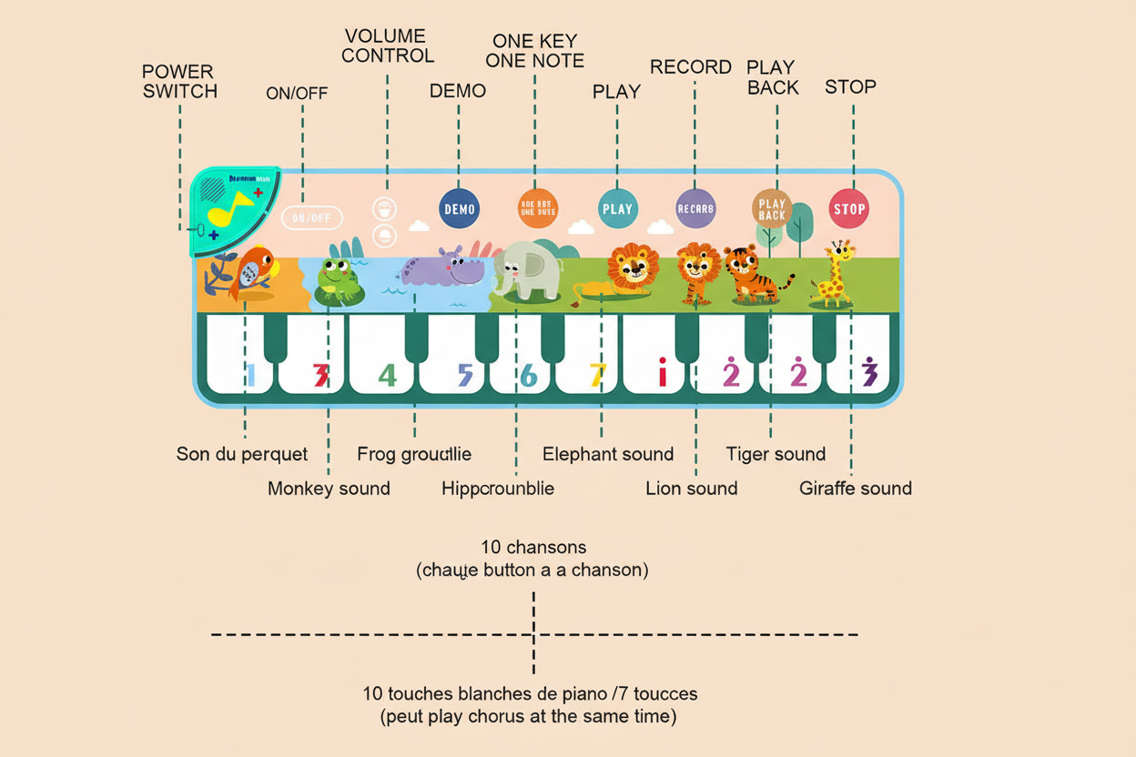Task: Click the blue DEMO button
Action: click(x=459, y=209)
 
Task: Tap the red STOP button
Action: click(x=849, y=209)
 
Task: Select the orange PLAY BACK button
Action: click(x=772, y=209)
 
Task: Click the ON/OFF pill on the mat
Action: click(x=312, y=217)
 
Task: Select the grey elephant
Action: click(x=525, y=269)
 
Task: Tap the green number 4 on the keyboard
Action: click(x=388, y=374)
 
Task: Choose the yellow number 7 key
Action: click(x=597, y=374)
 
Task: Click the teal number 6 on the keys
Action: click(x=529, y=374)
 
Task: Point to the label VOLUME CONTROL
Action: click(x=388, y=45)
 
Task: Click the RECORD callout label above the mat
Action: click(x=691, y=67)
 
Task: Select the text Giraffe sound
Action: click(x=855, y=489)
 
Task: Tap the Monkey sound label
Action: click(x=329, y=489)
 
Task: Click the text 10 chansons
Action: click(x=533, y=548)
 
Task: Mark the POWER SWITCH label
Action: click(x=179, y=81)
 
